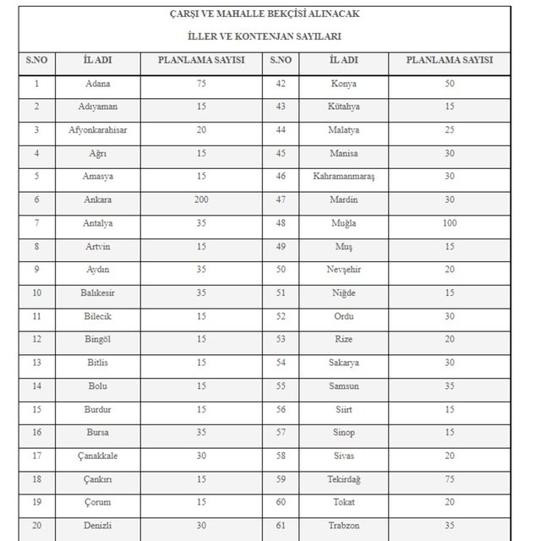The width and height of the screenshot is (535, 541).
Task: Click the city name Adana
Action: [98, 84]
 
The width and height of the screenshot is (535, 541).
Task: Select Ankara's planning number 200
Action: [202, 199]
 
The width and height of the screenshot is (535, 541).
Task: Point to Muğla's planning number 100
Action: [449, 222]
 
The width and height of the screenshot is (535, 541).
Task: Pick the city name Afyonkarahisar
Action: [98, 130]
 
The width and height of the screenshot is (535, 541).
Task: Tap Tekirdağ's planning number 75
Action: [449, 478]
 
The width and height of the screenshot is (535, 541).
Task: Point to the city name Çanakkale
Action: [98, 455]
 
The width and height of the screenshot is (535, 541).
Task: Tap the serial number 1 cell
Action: [36, 84]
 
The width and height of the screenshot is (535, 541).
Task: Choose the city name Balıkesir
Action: [98, 292]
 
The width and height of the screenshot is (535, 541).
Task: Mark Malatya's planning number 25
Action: [449, 130]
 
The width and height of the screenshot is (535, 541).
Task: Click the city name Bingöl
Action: [98, 338]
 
